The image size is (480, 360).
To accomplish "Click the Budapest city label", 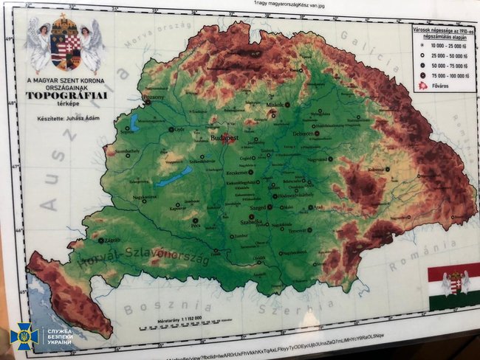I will pyautogui.click(x=224, y=137).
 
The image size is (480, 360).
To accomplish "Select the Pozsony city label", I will pyautogui.click(x=153, y=97).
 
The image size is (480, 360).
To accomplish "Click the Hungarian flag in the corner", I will pyautogui.click(x=453, y=285).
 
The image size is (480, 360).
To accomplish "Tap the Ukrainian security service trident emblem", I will pyautogui.click(x=24, y=336).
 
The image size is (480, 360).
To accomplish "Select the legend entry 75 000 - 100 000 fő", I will pyautogui.click(x=445, y=75).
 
